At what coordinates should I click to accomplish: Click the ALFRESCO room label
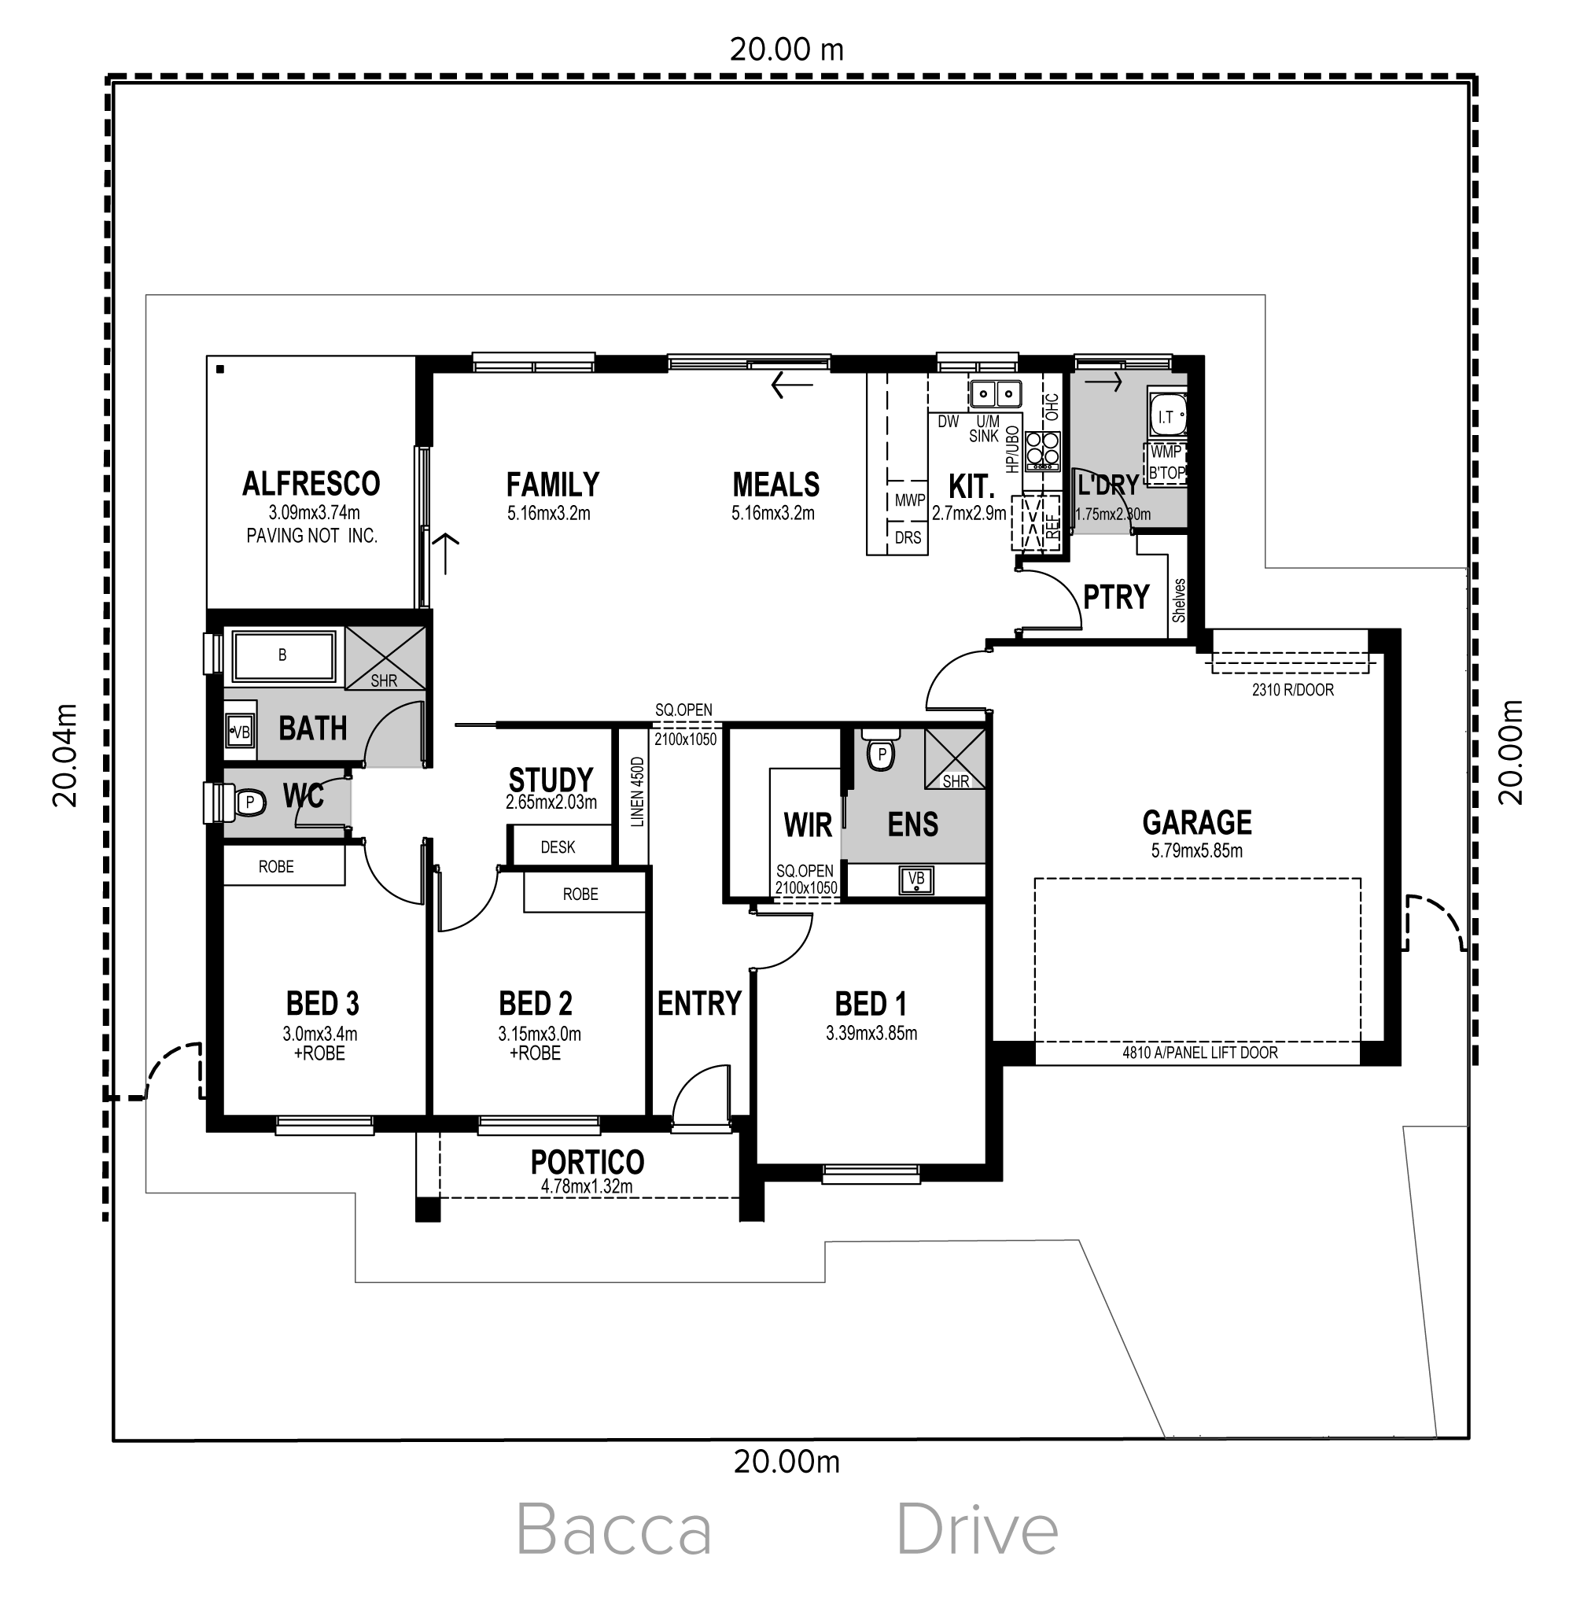[x=311, y=484]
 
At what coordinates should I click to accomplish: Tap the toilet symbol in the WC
[x=248, y=802]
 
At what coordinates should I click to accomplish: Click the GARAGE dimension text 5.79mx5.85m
[x=1197, y=851]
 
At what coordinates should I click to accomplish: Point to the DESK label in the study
[x=558, y=846]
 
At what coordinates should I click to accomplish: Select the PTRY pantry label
[x=1116, y=596]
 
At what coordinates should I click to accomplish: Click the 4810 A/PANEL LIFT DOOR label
[x=1199, y=1053]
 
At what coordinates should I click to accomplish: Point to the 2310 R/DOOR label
[x=1293, y=690]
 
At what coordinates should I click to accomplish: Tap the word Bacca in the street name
[x=613, y=1531]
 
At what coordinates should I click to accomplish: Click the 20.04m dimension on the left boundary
[x=65, y=755]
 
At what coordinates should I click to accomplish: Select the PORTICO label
[x=588, y=1163]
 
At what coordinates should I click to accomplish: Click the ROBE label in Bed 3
[x=276, y=867]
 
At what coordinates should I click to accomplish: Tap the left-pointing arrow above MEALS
[x=791, y=385]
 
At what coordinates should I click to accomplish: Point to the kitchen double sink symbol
[x=995, y=394]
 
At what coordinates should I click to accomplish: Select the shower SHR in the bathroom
[x=385, y=658]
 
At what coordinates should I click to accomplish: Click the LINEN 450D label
[x=637, y=792]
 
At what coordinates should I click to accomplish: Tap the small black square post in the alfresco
[x=220, y=369]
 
